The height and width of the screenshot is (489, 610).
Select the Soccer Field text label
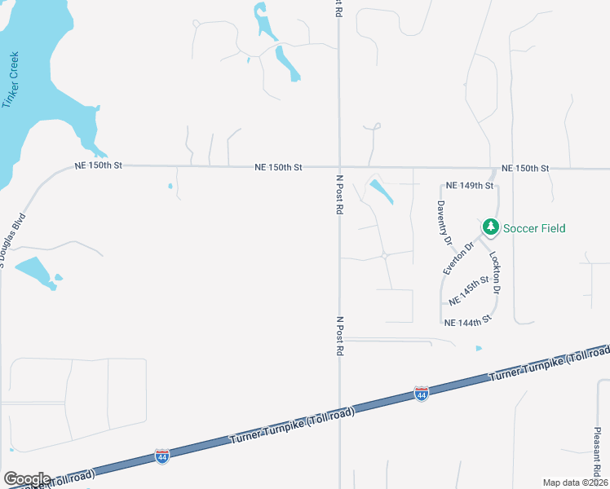[533, 228]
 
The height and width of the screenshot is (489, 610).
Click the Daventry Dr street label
[444, 223]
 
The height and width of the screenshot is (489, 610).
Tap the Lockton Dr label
[494, 272]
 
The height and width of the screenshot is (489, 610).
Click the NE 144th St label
[469, 323]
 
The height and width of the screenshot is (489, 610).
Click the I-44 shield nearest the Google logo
[161, 456]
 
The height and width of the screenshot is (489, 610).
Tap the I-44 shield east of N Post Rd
[421, 394]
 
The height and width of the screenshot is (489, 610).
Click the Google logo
[27, 479]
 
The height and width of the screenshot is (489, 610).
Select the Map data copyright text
[575, 482]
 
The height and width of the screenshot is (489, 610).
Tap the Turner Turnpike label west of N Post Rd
[292, 428]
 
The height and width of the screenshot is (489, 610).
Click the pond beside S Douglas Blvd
[35, 270]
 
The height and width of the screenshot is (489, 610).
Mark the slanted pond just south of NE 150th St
[380, 192]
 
